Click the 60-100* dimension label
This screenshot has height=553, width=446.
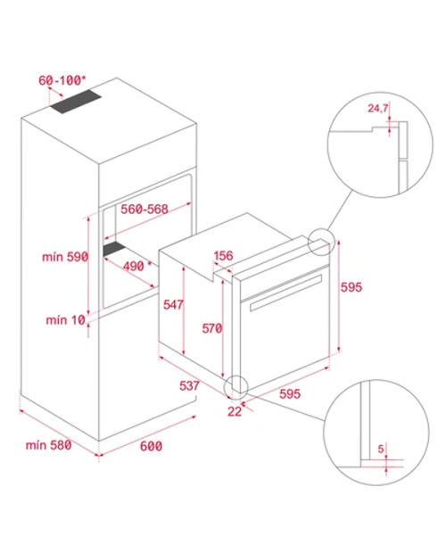62,80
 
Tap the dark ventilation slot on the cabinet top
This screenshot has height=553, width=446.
76,102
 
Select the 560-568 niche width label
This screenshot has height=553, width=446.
145,209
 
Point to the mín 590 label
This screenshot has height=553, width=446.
65,257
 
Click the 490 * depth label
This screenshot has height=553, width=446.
137,266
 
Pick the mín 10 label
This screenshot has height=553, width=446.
66,320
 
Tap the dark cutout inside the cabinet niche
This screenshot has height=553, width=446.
114,248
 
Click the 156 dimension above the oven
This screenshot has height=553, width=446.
223,255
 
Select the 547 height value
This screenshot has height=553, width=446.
173,304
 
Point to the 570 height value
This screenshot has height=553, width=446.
212,328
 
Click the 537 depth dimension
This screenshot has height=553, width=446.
189,385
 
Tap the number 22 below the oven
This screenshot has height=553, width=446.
235,411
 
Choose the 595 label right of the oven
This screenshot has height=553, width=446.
351,287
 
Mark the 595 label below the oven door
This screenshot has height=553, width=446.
290,393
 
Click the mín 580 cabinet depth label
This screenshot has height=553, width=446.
49,445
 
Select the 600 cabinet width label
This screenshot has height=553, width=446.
151,446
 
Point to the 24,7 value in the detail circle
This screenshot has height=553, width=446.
377,108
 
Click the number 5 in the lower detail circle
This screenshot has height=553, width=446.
380,449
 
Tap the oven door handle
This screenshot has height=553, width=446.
286,293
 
